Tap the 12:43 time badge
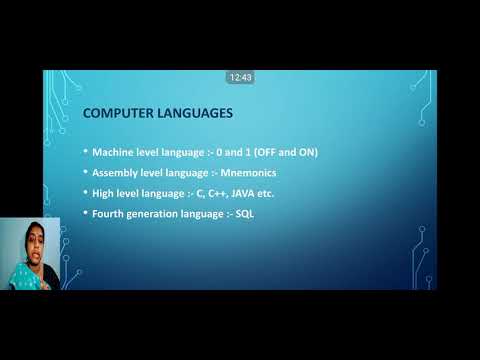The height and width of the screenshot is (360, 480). pos(240,77)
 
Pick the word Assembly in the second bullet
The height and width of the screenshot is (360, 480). pos(116,172)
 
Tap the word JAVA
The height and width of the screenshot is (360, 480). pos(254,193)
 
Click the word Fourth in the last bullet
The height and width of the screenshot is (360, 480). pos(109,214)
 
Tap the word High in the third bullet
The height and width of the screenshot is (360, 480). pos(104,193)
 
